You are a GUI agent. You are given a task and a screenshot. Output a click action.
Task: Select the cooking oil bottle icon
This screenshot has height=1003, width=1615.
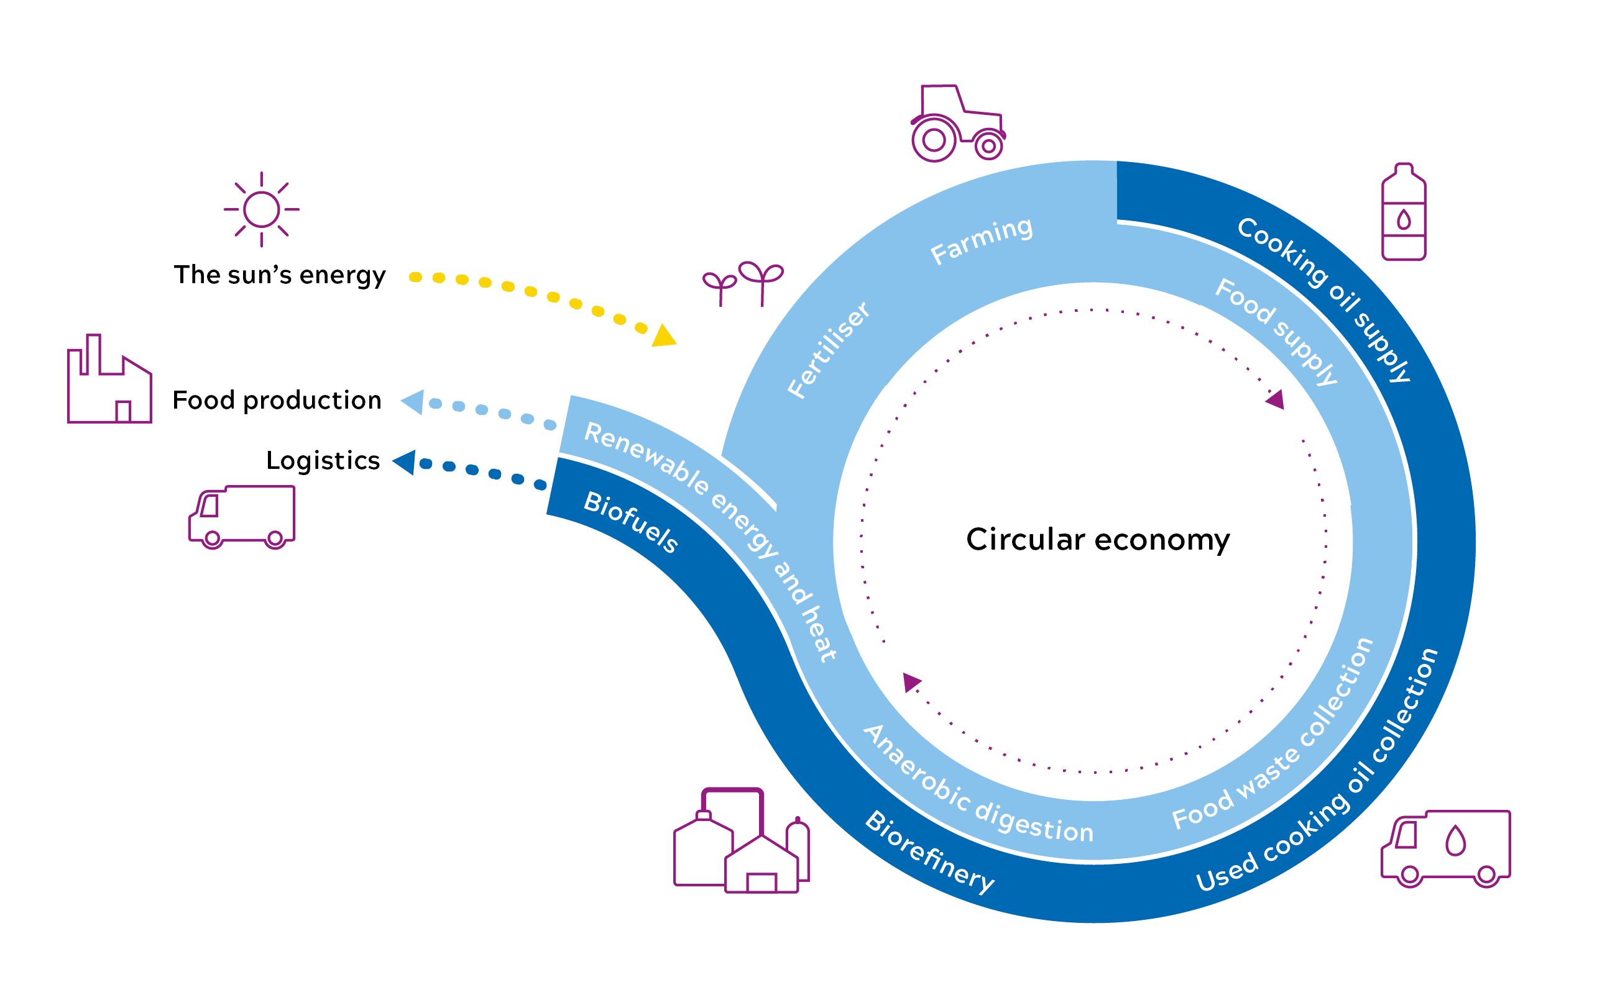coord(1403,212)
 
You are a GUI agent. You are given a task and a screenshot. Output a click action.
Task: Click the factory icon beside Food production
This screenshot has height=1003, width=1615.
coord(109,381)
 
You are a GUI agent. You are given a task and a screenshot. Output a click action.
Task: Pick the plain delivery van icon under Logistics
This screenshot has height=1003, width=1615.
coord(242,517)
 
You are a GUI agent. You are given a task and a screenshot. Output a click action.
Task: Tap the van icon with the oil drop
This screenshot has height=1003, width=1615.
coord(1445,848)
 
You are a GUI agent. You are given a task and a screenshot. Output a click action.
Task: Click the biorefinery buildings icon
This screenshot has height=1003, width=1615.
coord(741,843)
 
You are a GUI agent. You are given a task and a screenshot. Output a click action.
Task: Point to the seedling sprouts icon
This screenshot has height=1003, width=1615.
coord(743,283)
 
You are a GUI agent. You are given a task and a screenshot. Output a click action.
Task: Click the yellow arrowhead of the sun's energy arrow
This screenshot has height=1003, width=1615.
coord(663,337)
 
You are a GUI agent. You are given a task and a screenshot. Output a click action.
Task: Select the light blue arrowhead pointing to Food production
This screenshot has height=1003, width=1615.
coord(413,402)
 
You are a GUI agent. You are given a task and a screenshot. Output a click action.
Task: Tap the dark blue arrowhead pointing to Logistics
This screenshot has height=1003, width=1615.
coord(404,462)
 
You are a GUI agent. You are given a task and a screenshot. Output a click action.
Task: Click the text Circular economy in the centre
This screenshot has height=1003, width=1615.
coord(1097,539)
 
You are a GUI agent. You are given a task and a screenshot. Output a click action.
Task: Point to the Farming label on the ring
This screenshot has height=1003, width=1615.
coord(981,240)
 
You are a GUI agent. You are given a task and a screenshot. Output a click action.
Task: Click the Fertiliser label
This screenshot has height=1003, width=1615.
coord(828,350)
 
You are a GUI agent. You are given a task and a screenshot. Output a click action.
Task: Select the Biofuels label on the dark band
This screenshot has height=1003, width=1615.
coord(630,523)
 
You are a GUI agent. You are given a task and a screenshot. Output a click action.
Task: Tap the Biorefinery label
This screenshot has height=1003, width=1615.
coord(929,853)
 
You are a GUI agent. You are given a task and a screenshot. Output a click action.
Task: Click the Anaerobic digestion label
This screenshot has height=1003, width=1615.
coord(977,786)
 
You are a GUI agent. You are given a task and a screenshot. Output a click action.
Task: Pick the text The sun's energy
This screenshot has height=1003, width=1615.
coord(280,275)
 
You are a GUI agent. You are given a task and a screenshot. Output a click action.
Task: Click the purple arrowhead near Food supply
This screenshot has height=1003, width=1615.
coord(1276,399)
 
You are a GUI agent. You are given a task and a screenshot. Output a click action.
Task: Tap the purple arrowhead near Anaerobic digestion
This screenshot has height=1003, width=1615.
coord(911,681)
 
